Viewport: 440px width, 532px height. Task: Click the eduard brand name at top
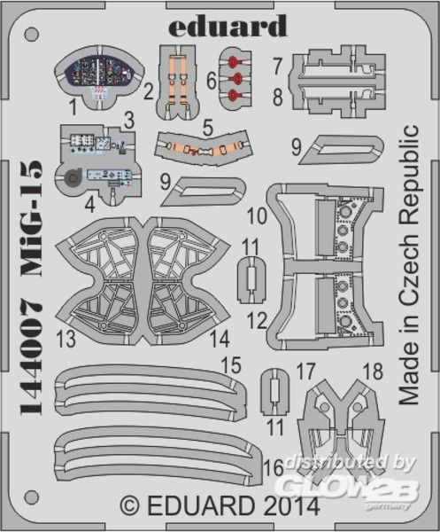pyautogui.click(x=228, y=26)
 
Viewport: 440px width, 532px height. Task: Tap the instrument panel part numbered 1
pyautogui.click(x=99, y=77)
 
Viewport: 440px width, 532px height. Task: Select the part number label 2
pyautogui.click(x=149, y=92)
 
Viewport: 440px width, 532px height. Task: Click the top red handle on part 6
pyautogui.click(x=233, y=62)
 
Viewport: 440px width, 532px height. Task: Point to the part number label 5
pyautogui.click(x=208, y=128)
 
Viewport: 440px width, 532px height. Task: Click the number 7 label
pyautogui.click(x=278, y=66)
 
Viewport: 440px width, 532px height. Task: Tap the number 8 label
pyautogui.click(x=278, y=97)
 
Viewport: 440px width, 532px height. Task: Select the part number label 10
pyautogui.click(x=257, y=215)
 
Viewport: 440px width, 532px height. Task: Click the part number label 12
pyautogui.click(x=257, y=320)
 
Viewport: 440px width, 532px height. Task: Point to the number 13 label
pyautogui.click(x=66, y=340)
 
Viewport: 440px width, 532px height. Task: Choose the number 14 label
pyautogui.click(x=220, y=339)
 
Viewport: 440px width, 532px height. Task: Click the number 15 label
pyautogui.click(x=231, y=365)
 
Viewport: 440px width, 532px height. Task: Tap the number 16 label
pyautogui.click(x=274, y=467)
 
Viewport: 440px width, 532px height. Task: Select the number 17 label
pyautogui.click(x=305, y=372)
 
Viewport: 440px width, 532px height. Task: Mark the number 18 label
pyautogui.click(x=373, y=372)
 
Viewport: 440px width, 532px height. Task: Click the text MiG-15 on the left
pyautogui.click(x=32, y=217)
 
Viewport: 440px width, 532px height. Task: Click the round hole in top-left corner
pyautogui.click(x=32, y=35)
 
